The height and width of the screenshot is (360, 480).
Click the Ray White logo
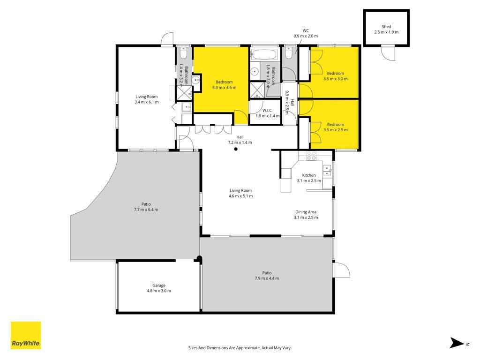coord(26,335)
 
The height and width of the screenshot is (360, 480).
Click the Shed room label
coord(386,27)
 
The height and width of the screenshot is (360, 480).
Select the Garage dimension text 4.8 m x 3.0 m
coord(159,291)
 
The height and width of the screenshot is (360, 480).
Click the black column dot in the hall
coord(236,149)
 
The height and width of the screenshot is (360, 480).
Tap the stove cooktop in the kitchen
coord(312,156)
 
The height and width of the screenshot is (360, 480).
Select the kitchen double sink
coord(327,170)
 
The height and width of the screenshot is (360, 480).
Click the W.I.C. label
coord(267,111)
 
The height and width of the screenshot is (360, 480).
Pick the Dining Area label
coord(306,212)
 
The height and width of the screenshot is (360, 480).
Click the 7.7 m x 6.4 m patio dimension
coord(146,210)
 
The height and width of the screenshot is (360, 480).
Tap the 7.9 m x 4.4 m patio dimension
coord(267,278)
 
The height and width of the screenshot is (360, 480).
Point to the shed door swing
coord(388,52)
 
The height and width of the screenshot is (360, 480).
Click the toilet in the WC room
coord(288,52)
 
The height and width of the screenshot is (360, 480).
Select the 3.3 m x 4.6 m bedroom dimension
coord(224,88)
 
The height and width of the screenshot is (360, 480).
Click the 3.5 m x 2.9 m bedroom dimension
coord(336,130)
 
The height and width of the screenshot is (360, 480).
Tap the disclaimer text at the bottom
coord(240,348)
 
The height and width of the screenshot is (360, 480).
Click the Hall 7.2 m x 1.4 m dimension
coord(240,142)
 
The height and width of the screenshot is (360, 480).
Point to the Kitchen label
coord(309,175)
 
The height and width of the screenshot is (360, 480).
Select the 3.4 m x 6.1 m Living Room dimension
coord(147,102)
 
